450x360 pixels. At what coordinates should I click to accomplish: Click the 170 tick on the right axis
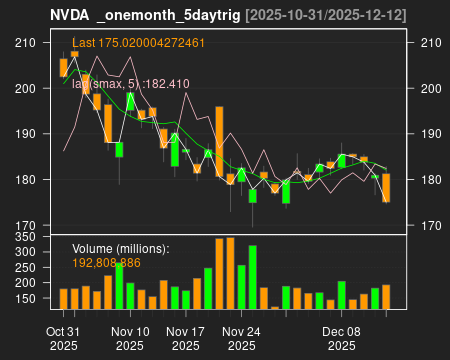coord(424,225)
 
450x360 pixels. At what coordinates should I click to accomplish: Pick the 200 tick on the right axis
coord(424,88)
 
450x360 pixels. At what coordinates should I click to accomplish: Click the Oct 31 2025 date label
coord(63,338)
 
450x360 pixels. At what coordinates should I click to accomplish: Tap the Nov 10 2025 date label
coord(130,338)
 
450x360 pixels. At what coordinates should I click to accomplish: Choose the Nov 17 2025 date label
coord(185,338)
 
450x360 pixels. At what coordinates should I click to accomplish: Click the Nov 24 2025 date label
coord(241,338)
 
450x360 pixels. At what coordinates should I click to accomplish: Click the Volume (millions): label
coord(121,248)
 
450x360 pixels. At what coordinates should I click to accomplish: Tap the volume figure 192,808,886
coord(119,262)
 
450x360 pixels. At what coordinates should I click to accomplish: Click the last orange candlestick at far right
coord(386,187)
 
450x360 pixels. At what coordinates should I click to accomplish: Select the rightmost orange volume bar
coord(386,296)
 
